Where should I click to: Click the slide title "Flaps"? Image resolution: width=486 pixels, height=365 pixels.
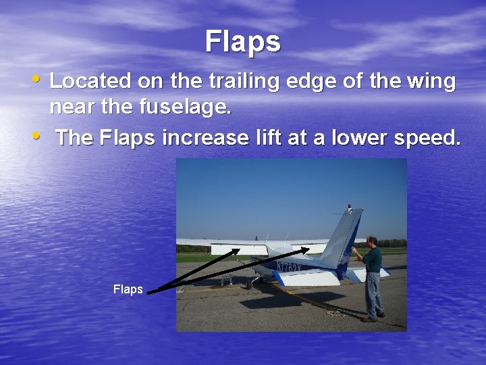pos(242,41)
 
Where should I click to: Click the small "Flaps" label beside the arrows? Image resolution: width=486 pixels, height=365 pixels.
pos(128,289)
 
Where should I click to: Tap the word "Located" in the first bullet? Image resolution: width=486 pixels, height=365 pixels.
pos(90,82)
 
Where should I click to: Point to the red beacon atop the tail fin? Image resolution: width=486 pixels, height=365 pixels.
pos(349,205)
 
